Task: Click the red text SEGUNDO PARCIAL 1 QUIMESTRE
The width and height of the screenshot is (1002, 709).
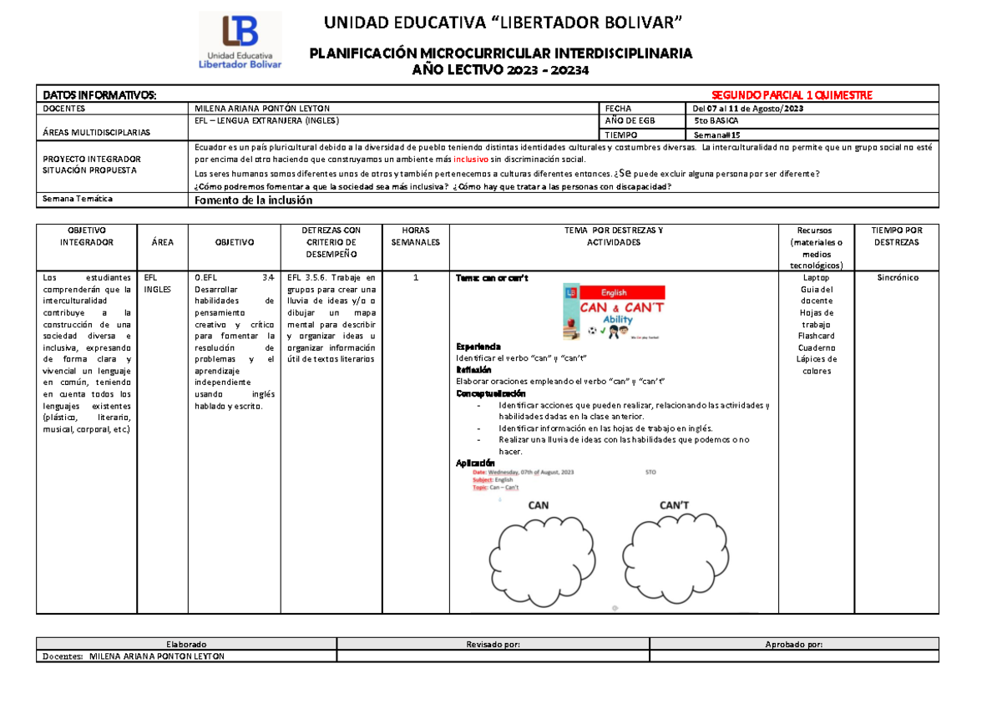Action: (x=791, y=95)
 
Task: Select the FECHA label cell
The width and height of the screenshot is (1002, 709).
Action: (x=618, y=109)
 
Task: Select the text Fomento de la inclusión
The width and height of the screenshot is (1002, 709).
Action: (x=253, y=200)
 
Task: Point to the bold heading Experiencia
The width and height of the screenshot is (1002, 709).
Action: (x=478, y=346)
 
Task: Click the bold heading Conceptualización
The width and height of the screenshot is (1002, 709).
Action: (x=491, y=392)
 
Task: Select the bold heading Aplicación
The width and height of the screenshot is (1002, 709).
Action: (x=475, y=463)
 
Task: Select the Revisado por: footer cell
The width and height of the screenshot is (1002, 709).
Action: (x=493, y=644)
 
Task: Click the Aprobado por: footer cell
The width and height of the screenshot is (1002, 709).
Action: (x=793, y=644)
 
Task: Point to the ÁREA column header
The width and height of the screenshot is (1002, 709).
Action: (x=163, y=241)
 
